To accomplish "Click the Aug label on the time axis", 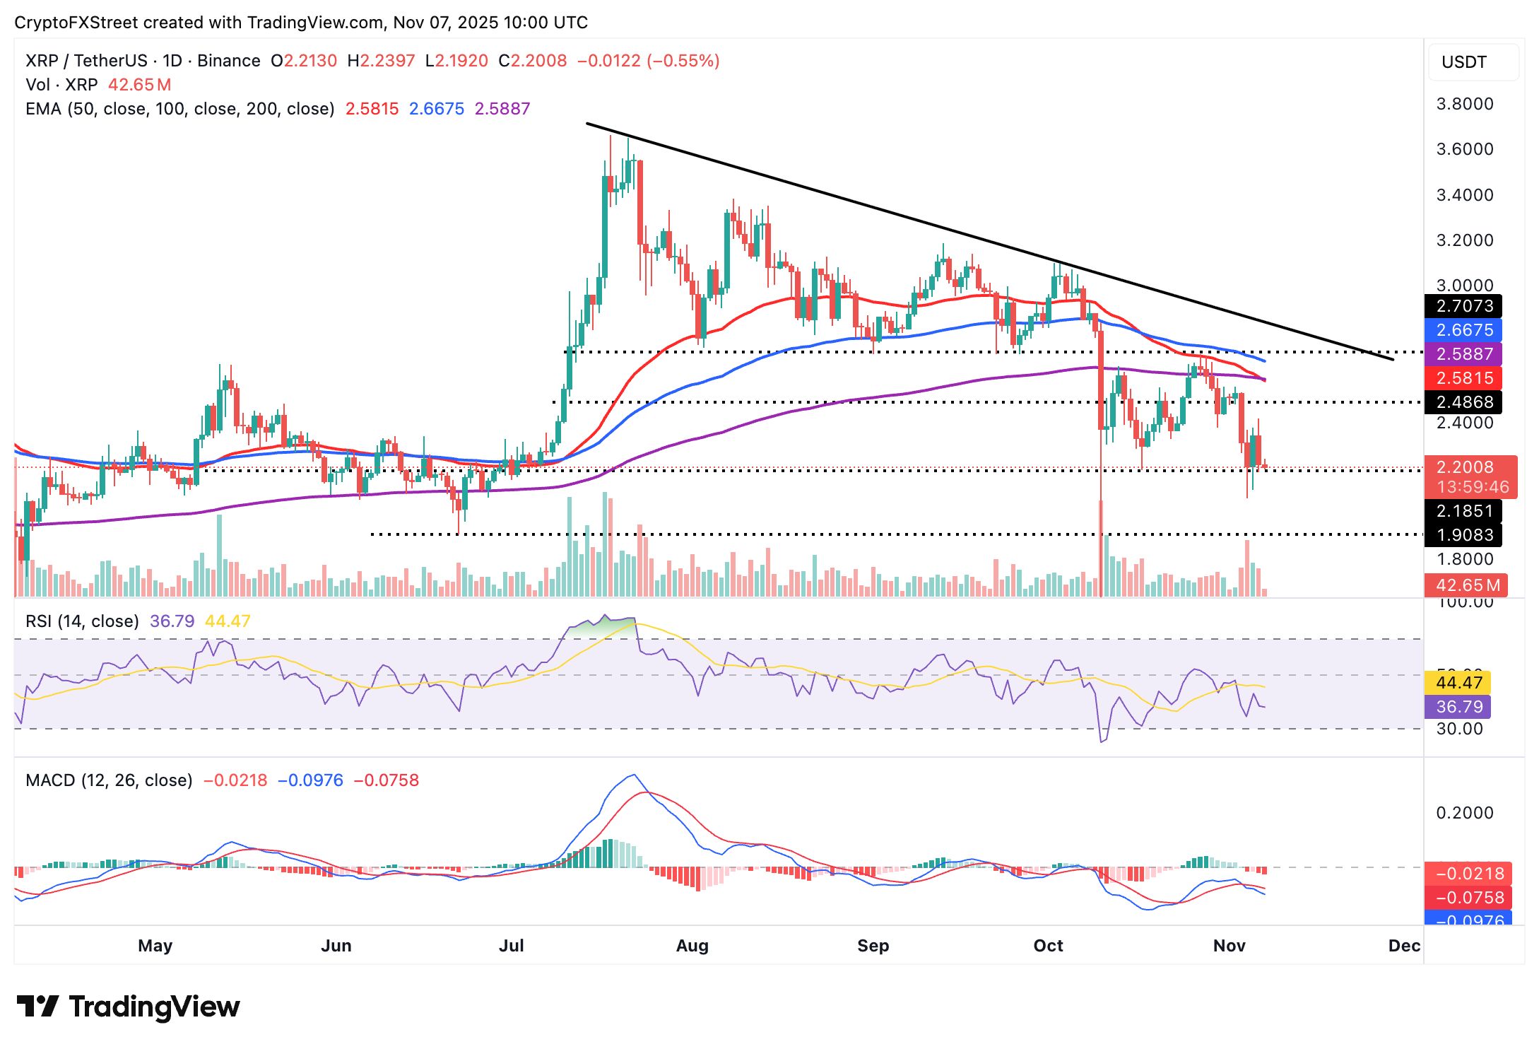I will (x=692, y=946).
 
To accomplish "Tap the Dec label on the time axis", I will (x=1403, y=946).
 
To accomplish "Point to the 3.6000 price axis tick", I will (x=1465, y=149).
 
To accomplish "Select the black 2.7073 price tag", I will (x=1463, y=306).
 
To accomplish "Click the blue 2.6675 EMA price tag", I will (x=1463, y=330).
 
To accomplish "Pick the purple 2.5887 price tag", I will (x=1463, y=354).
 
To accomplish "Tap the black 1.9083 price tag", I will (x=1463, y=535).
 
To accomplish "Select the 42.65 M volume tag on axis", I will (x=1466, y=585).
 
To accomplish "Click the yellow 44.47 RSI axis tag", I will (x=1458, y=683).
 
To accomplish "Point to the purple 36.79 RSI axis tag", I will (x=1458, y=707).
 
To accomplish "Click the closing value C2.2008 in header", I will (x=533, y=61).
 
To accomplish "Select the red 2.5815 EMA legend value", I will (x=372, y=109).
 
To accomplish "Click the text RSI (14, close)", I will (x=82, y=621).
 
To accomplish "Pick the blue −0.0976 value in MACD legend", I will (x=310, y=780).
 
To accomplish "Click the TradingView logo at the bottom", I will (x=128, y=1007).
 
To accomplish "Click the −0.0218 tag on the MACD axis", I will (x=1468, y=874).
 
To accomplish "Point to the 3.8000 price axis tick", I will (x=1465, y=104).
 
